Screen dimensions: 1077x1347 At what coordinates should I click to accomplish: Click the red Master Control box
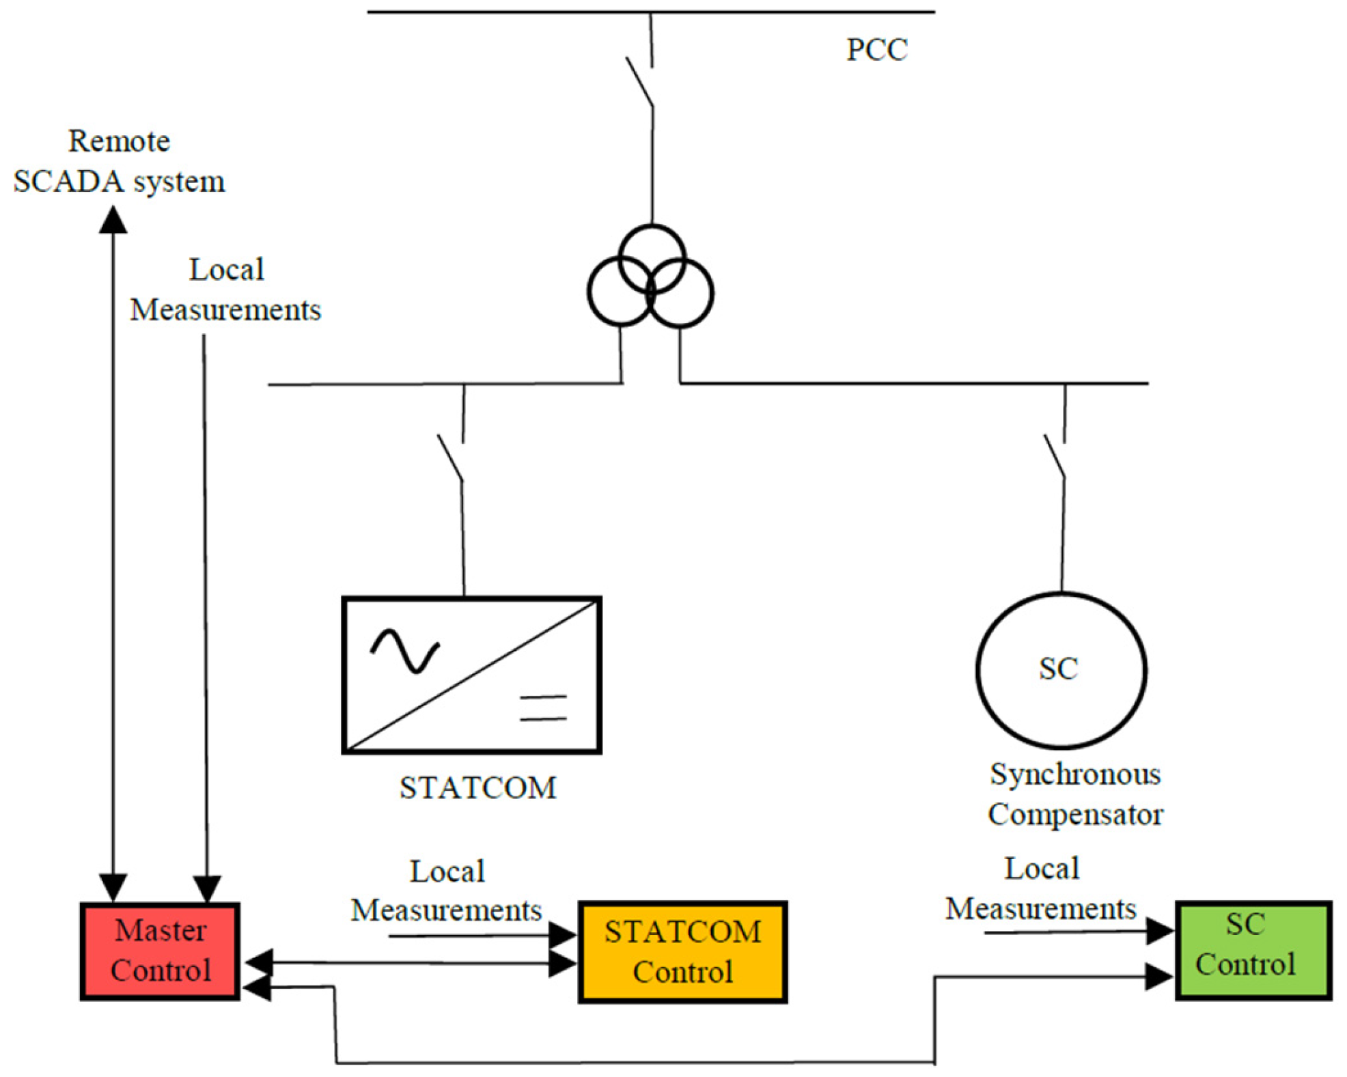[160, 951]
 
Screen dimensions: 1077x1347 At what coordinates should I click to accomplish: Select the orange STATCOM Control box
[682, 951]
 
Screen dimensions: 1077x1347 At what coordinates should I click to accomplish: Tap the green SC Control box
[1252, 949]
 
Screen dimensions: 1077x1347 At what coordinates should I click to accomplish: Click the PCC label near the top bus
[876, 50]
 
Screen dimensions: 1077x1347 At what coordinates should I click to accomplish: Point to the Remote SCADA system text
[119, 161]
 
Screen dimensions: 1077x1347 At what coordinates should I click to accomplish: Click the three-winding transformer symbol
[650, 277]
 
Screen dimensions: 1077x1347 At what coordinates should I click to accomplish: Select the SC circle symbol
[1060, 670]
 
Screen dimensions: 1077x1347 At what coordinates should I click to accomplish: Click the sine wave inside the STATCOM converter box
[405, 651]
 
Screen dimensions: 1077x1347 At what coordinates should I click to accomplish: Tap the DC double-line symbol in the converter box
[543, 708]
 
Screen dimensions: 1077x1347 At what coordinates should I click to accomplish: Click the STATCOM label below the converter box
[477, 787]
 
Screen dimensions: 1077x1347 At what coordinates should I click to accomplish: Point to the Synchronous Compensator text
[1074, 794]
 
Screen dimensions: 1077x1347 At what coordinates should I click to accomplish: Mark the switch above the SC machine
[1055, 456]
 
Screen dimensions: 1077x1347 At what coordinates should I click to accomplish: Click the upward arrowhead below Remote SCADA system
[113, 220]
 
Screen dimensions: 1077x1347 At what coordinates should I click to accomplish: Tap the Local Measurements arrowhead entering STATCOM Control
[564, 935]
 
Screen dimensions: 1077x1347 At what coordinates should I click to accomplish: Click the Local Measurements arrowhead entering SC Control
[1159, 930]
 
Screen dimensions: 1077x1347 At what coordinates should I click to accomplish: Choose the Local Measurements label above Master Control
[225, 290]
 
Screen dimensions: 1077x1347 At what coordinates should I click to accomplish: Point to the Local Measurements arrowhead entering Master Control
[207, 889]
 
